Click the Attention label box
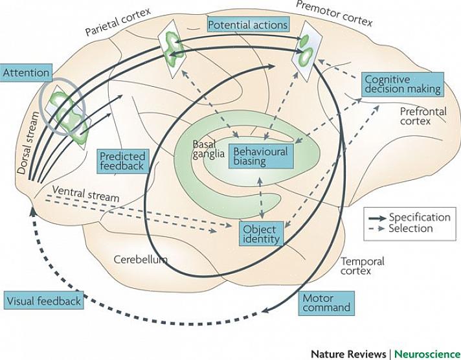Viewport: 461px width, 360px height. pyautogui.click(x=27, y=73)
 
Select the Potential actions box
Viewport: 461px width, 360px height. pyautogui.click(x=247, y=25)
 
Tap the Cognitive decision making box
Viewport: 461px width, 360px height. pyautogui.click(x=402, y=84)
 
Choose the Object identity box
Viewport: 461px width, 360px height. pyautogui.click(x=261, y=234)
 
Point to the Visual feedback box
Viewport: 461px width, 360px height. pyautogui.click(x=44, y=301)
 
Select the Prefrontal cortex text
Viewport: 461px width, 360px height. pyautogui.click(x=423, y=116)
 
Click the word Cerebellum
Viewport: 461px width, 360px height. pyautogui.click(x=141, y=260)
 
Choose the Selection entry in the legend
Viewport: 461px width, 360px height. pyautogui.click(x=410, y=229)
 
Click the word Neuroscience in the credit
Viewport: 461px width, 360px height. pyautogui.click(x=426, y=354)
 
